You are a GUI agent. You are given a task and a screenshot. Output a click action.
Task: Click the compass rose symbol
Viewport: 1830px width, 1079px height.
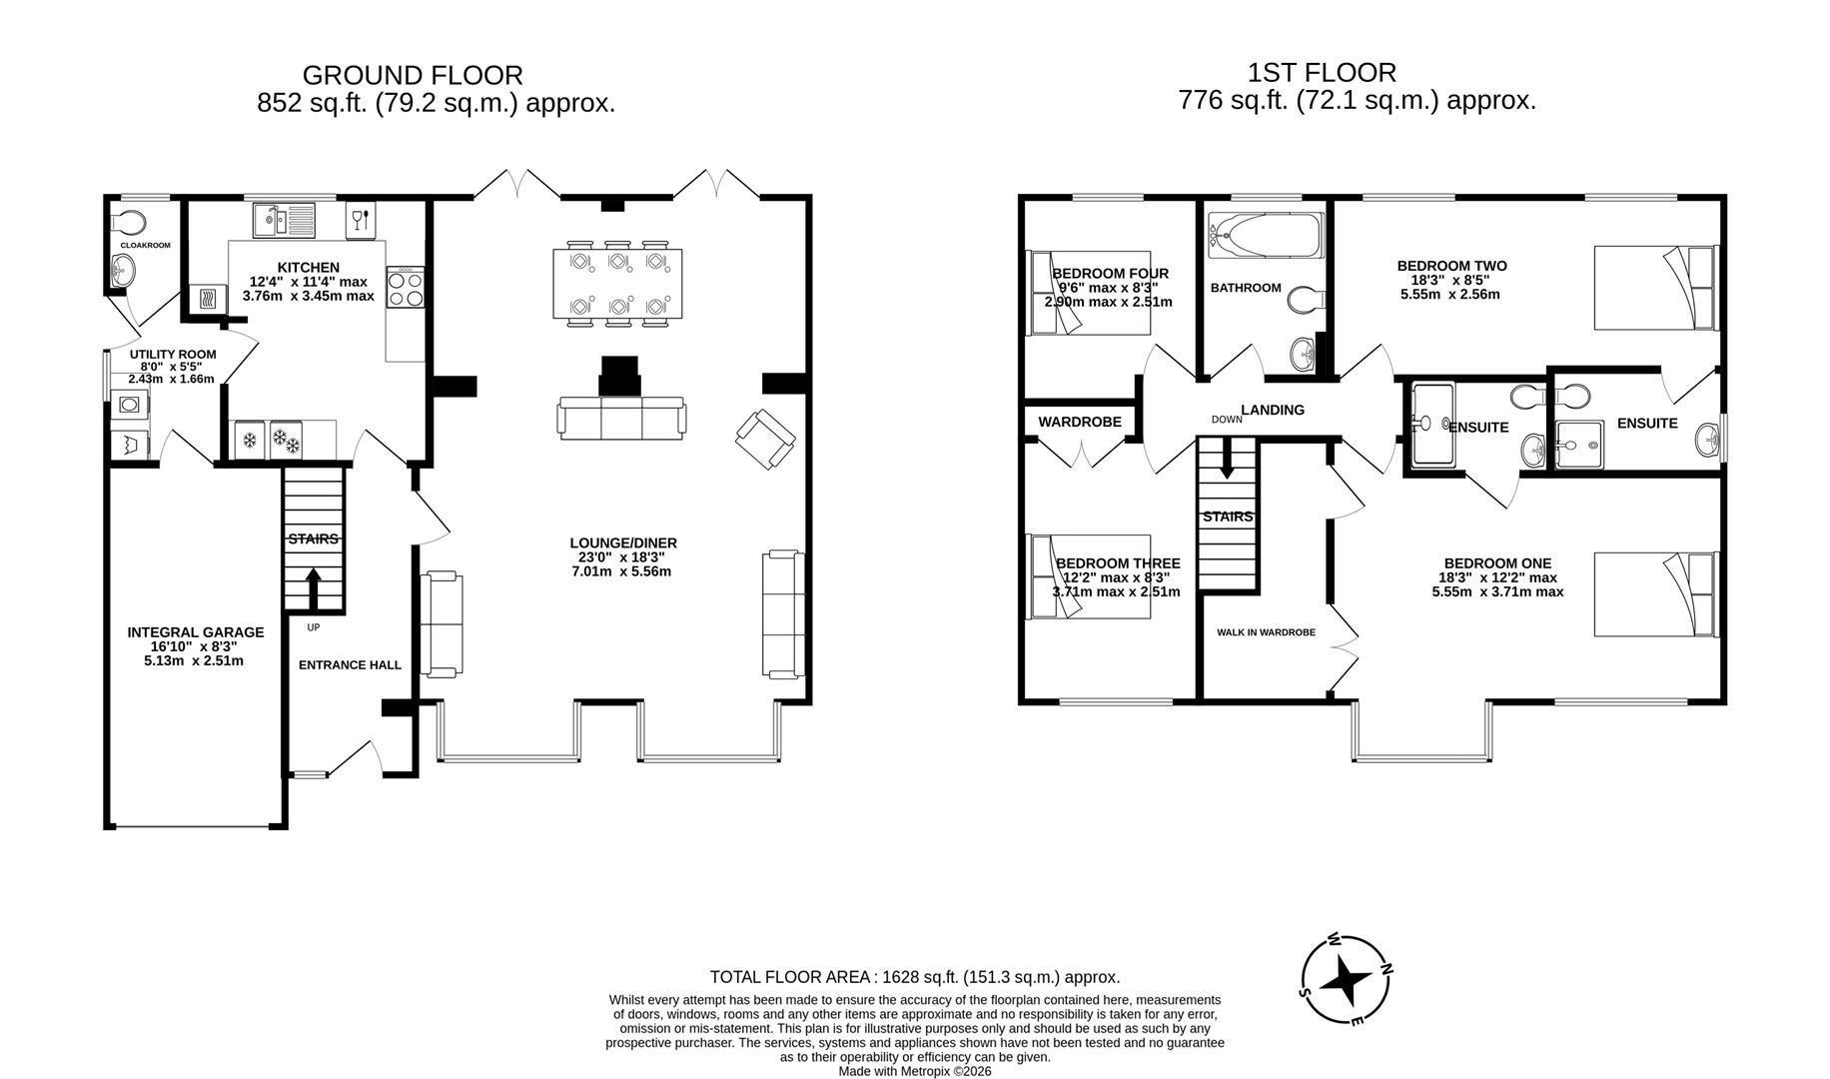(1345, 980)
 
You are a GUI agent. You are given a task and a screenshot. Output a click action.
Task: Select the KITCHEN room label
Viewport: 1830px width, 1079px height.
(309, 268)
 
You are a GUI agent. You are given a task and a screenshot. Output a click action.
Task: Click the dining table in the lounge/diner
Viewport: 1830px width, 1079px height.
(618, 283)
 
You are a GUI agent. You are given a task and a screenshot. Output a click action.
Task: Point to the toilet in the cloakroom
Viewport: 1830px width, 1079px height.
(127, 221)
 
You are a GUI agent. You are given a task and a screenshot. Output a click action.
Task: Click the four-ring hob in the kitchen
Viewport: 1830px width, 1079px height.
(406, 289)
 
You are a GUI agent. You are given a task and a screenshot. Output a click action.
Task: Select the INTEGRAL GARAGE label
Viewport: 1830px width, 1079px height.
(196, 632)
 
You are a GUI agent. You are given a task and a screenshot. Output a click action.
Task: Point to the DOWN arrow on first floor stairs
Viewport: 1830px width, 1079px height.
(1227, 461)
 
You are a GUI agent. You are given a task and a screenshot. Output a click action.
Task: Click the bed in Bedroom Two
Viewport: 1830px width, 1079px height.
(1654, 287)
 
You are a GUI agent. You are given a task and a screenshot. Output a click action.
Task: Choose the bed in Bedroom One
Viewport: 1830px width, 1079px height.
(1654, 593)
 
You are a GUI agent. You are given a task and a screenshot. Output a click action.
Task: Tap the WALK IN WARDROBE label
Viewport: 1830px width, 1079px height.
(1266, 632)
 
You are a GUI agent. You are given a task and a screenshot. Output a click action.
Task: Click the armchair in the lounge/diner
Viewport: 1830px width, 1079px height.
(766, 439)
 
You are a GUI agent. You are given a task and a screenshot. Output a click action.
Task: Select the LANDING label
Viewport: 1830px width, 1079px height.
(1273, 410)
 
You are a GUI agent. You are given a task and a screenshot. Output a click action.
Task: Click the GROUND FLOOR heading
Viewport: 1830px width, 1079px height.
(413, 75)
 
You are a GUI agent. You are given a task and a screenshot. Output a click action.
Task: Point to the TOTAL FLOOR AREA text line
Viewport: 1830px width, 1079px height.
(915, 977)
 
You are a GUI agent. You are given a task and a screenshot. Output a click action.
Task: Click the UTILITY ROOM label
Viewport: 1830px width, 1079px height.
(173, 355)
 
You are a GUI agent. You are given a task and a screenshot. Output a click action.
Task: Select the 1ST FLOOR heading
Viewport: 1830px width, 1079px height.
(1322, 72)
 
